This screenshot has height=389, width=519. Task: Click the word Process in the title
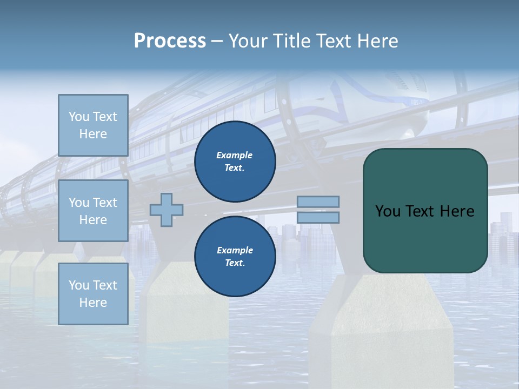coord(170,41)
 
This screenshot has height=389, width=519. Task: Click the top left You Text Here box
coord(93,125)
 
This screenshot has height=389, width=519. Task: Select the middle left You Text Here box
coord(93,211)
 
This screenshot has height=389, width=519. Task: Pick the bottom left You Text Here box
coord(93,294)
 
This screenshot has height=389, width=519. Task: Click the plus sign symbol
coord(167,210)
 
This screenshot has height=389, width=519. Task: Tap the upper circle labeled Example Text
coord(235,162)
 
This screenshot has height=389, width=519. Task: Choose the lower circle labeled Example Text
coord(235,257)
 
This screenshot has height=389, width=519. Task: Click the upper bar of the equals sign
coord(318,202)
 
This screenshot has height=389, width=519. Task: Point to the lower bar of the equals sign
coord(318,217)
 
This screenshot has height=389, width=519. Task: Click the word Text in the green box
coord(421,211)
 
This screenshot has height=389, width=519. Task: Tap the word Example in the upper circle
coord(235,155)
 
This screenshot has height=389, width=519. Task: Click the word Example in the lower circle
coord(235,250)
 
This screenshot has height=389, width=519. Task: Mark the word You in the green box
coord(388,211)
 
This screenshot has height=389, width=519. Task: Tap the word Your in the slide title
coord(248,41)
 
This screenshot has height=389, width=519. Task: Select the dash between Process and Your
coord(217,41)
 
